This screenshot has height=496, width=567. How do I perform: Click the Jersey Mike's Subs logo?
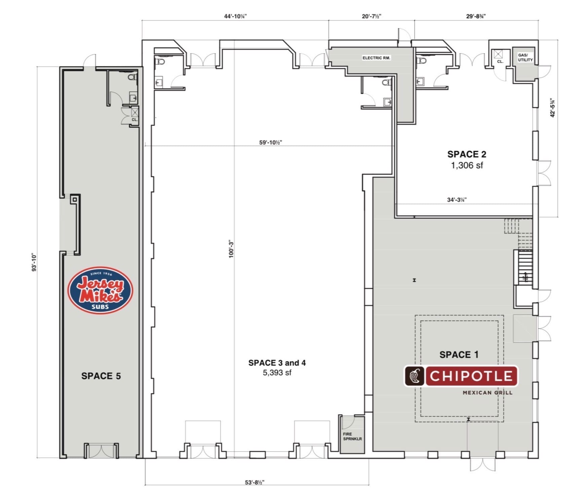coord(100,290)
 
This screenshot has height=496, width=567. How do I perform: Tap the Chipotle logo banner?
coord(461,376)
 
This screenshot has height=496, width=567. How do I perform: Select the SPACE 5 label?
coord(101,376)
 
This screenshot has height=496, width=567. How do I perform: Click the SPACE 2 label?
coord(467,154)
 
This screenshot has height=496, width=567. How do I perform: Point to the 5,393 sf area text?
coord(277,373)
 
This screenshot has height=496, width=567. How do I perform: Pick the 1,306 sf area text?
coord(467,165)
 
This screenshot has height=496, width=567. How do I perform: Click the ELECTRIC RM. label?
coord(376,58)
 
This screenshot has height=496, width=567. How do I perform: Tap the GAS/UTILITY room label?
coord(525,58)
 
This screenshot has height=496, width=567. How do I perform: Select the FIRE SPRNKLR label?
coord(352,436)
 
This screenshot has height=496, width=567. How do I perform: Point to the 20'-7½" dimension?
coord(371,16)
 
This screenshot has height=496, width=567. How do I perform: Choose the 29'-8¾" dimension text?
coord(476,16)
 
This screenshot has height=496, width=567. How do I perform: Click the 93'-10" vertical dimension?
coord(34,262)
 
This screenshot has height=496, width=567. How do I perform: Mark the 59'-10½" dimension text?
coord(271,142)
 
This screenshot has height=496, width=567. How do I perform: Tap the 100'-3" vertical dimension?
coord(231,249)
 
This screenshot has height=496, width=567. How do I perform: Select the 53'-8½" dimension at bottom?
coord(255,482)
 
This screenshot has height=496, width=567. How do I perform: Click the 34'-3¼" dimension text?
coord(457,200)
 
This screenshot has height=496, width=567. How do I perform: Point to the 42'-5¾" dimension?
coord(553,108)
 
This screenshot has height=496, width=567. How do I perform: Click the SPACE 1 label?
coord(459,355)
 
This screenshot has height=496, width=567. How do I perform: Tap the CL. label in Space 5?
coord(134,120)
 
